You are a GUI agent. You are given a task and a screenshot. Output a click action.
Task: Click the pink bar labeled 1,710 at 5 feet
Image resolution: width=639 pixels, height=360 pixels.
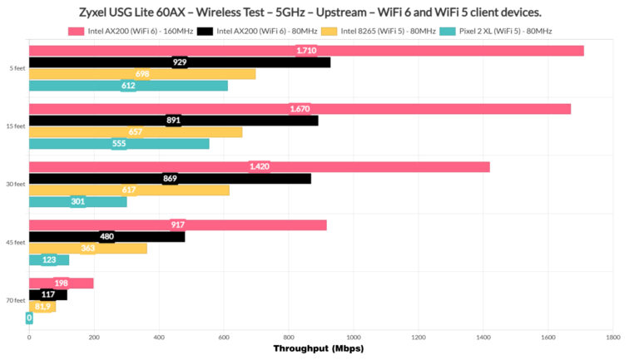coord(306,51)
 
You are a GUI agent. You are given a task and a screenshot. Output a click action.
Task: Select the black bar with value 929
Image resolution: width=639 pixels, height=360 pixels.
coord(180,62)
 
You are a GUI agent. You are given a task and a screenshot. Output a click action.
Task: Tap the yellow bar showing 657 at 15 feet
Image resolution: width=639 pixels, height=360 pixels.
coord(136,132)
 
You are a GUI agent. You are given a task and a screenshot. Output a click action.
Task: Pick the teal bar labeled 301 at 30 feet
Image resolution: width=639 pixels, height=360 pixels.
coord(77,201)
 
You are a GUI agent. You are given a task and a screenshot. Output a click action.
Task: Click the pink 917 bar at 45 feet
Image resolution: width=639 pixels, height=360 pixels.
coord(177,224)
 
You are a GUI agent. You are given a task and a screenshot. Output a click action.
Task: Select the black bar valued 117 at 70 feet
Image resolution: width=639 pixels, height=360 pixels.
coord(47,294)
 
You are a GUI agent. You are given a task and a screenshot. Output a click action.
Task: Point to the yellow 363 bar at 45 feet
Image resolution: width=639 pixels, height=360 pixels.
coord(87,248)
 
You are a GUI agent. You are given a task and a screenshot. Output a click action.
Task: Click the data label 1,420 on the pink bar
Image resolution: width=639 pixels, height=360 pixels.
coord(260,167)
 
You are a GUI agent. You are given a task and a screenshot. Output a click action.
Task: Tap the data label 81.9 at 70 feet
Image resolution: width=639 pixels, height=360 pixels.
coord(42,306)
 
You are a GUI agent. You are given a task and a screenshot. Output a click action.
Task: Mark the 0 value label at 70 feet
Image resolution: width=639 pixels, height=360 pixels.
coord(29,318)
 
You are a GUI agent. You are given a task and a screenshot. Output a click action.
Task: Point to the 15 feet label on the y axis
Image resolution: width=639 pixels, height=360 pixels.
coord(14,126)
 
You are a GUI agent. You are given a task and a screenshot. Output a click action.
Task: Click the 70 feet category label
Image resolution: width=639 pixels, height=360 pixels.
coord(14,300)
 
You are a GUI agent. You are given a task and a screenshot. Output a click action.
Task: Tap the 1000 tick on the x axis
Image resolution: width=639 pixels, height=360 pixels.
coord(354,337)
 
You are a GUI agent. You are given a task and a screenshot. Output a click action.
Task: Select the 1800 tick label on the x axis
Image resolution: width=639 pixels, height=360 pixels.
coord(613,337)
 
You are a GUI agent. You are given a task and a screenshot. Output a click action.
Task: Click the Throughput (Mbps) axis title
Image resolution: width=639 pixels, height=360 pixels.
coord(320,349)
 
